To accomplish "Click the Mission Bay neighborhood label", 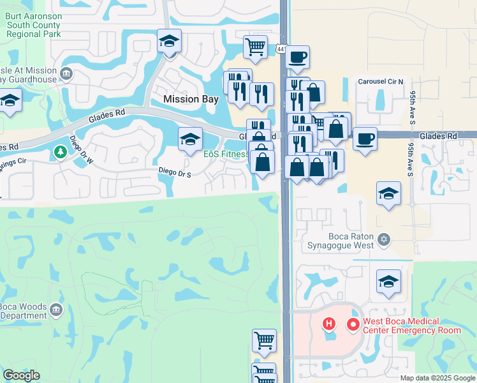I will (x=191, y=99).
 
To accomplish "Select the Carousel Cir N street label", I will (x=381, y=82).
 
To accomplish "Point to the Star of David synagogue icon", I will (x=383, y=240).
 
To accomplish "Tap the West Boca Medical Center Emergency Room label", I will (x=411, y=326).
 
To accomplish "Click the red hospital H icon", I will (x=329, y=324).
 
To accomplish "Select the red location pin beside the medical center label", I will (x=352, y=324).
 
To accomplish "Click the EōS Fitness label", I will (x=226, y=154).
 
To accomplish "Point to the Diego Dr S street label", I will (x=175, y=172).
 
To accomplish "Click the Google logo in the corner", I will (x=20, y=375).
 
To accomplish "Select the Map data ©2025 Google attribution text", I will (x=438, y=378).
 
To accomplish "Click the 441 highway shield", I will (x=281, y=49).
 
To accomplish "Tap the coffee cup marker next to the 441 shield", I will (x=297, y=57).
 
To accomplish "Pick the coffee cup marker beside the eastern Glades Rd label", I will (x=364, y=139).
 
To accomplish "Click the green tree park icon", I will (x=60, y=152).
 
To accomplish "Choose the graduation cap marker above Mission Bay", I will (x=169, y=41).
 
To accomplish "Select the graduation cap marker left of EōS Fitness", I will (x=190, y=140).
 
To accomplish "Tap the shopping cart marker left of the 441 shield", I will (x=254, y=46).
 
